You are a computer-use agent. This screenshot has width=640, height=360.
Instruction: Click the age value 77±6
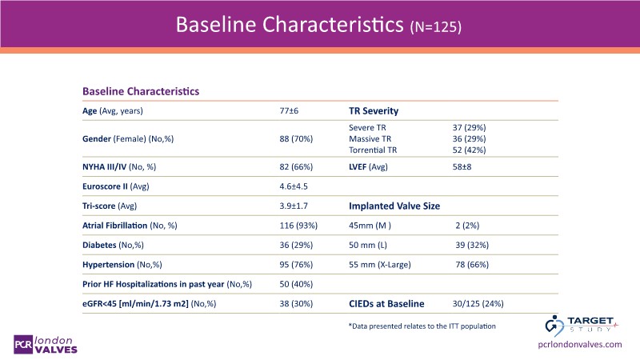click(x=289, y=110)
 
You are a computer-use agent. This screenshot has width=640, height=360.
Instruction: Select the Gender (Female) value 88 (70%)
click(x=295, y=138)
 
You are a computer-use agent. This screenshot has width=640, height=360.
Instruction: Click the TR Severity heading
click(x=374, y=110)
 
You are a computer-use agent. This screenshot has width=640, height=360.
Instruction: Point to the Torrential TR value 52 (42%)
click(x=470, y=150)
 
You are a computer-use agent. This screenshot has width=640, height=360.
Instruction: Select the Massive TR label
click(x=373, y=138)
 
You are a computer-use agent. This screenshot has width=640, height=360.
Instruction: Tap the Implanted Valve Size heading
click(x=395, y=206)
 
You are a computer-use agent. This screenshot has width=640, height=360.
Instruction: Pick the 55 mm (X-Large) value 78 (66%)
click(x=472, y=265)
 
